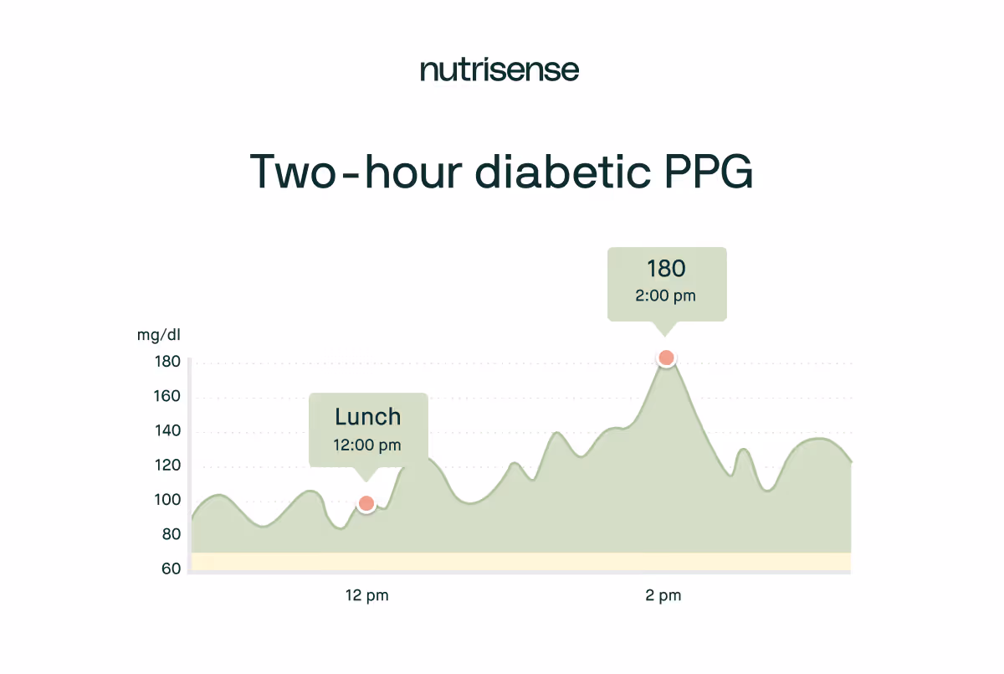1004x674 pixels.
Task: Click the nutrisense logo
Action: click(x=499, y=70)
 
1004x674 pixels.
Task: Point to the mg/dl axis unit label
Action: click(x=159, y=336)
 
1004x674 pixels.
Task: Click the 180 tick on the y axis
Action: click(x=167, y=362)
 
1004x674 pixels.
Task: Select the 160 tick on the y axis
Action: click(x=167, y=396)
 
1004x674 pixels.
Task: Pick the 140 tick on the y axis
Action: click(x=167, y=431)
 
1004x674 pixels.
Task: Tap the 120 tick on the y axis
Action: click(x=167, y=466)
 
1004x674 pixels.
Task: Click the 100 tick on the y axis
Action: click(x=167, y=500)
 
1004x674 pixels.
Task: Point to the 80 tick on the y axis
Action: click(x=171, y=534)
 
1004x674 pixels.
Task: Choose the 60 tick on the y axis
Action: click(x=171, y=569)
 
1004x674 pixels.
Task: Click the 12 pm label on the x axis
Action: click(x=367, y=596)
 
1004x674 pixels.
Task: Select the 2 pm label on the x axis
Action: click(x=663, y=596)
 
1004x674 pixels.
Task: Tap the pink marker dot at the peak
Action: click(x=666, y=358)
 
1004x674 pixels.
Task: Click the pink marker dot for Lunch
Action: click(x=366, y=504)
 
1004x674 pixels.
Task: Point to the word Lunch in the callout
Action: click(x=368, y=417)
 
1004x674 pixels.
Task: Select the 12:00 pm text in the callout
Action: click(x=367, y=445)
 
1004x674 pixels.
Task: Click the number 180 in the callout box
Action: click(x=666, y=269)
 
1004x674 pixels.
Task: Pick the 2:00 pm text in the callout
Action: click(x=666, y=296)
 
